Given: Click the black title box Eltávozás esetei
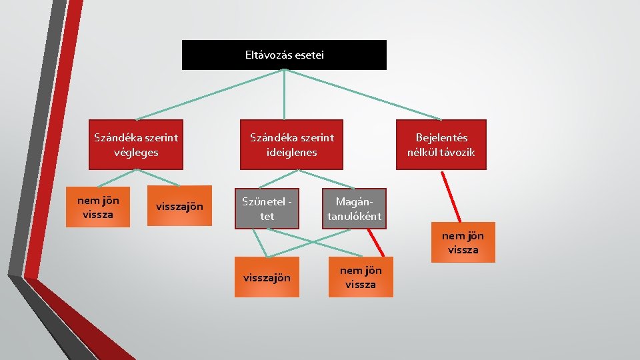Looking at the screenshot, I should pos(284,55).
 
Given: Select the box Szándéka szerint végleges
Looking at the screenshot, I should pos(136,145).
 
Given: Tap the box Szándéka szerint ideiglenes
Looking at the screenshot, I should pos(292,145).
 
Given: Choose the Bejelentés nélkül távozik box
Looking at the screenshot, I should pos(441,145).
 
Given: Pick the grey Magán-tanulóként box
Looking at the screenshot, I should pos(354,209).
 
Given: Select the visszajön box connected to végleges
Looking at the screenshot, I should pos(179,206).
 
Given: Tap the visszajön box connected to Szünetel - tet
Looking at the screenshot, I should pos(266,277).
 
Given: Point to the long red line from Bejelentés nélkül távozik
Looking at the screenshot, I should pos(451,197).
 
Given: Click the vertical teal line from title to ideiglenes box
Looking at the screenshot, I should pos(285,94).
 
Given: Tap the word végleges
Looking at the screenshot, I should pos(136,152).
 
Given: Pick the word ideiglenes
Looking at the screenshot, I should pos(292,152).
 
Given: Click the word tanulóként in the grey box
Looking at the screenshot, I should pos(354,216).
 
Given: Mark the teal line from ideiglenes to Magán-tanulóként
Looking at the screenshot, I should pos(326,179).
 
